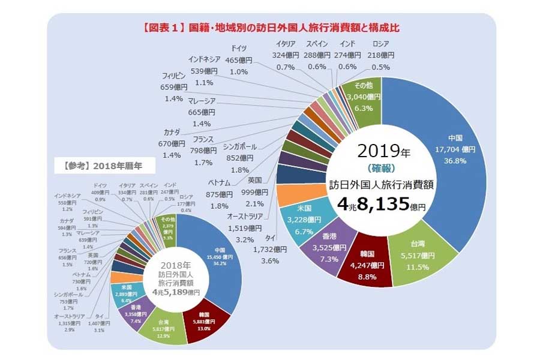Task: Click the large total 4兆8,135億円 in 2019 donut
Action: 380,205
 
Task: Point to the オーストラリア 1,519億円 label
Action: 245,228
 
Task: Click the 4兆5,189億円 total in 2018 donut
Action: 176,292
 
